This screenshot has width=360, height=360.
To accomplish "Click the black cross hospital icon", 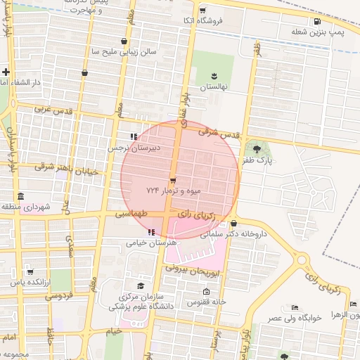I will [x=6, y=72].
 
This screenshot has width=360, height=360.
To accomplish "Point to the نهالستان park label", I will [x=212, y=86].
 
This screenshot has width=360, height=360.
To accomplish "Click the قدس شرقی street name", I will [x=219, y=131].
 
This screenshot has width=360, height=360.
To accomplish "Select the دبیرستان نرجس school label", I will [x=134, y=148].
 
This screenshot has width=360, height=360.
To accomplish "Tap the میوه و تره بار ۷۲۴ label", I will [x=174, y=191].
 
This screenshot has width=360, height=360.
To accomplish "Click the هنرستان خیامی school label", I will [x=150, y=243].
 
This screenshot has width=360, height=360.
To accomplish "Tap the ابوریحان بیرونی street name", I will [x=193, y=268].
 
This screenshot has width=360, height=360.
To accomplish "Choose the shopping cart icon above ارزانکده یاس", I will [x=30, y=271].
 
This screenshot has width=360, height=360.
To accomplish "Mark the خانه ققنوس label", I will [x=205, y=302].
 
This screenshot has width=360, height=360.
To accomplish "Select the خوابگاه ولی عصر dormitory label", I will [x=294, y=317].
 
